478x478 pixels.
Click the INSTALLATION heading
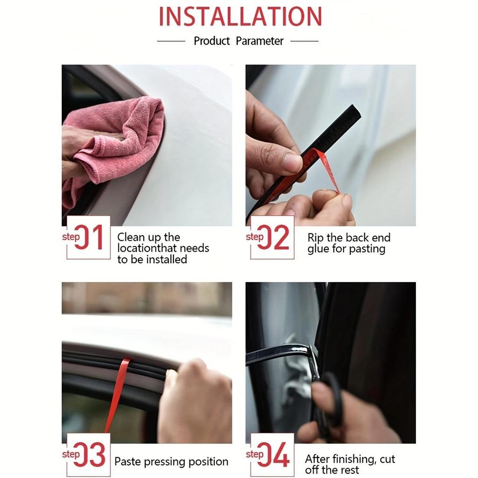click(x=240, y=16)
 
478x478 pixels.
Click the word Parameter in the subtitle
click(x=260, y=41)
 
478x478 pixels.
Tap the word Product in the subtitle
click(x=212, y=41)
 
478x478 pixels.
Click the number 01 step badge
click(x=88, y=238)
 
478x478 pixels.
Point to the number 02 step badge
click(x=272, y=238)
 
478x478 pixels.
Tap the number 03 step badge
click(x=88, y=455)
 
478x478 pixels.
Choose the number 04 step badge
click(x=272, y=455)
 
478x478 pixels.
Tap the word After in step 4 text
click(x=317, y=459)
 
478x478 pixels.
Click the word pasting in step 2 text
click(x=367, y=249)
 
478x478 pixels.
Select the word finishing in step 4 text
click(x=354, y=459)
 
